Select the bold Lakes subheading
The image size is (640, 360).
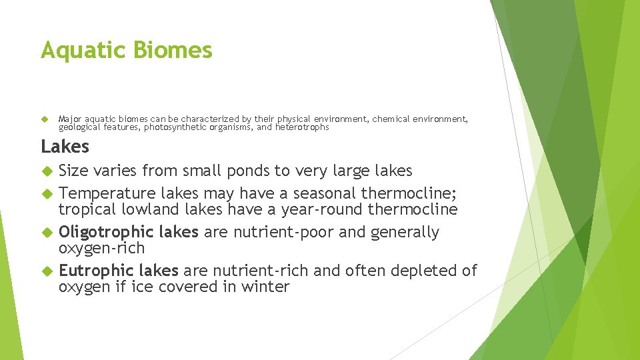[65, 146]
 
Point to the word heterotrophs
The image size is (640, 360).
[302, 127]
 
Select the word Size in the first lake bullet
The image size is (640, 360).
[73, 171]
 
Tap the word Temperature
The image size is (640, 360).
[107, 193]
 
